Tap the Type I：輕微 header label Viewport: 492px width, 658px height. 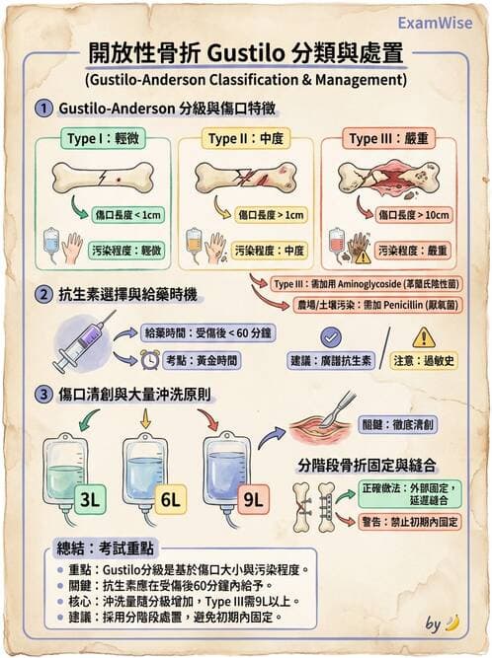point(102,138)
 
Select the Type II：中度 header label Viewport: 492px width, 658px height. point(243,138)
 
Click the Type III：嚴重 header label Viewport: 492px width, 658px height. point(388,138)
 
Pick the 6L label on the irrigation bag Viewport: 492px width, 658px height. point(170,498)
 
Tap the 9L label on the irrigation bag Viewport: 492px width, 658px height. point(252,498)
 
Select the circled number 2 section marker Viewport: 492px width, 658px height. point(42,295)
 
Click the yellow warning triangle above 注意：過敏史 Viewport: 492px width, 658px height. point(424,337)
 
